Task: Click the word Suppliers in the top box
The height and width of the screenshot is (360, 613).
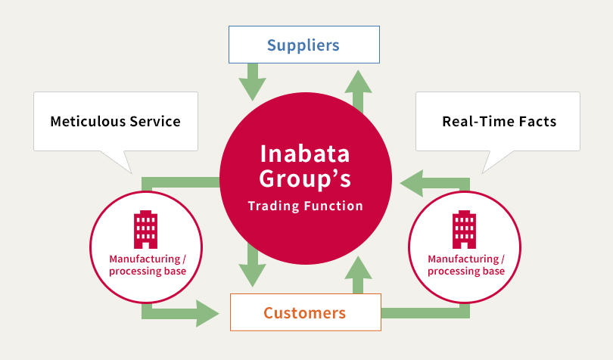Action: [303, 45]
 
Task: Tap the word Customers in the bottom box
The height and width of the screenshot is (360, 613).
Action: [304, 312]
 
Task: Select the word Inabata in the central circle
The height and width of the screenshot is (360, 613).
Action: [305, 154]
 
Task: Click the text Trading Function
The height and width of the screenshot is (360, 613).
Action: [305, 206]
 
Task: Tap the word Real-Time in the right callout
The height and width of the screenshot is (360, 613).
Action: [475, 121]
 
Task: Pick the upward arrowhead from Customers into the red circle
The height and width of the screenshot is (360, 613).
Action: [358, 268]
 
